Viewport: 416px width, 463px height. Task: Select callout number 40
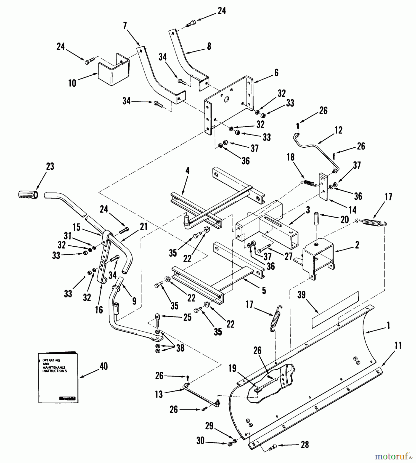(x=103, y=366)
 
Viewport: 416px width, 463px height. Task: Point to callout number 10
(x=72, y=83)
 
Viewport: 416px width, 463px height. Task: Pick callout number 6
(x=276, y=73)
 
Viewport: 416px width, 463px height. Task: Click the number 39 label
(x=301, y=295)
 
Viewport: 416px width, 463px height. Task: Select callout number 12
(x=339, y=130)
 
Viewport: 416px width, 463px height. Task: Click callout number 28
(x=305, y=444)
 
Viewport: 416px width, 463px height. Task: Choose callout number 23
(x=50, y=166)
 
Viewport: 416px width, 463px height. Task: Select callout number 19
(x=232, y=368)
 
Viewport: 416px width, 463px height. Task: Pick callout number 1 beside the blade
(x=388, y=326)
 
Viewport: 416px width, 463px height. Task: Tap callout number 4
(x=188, y=171)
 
